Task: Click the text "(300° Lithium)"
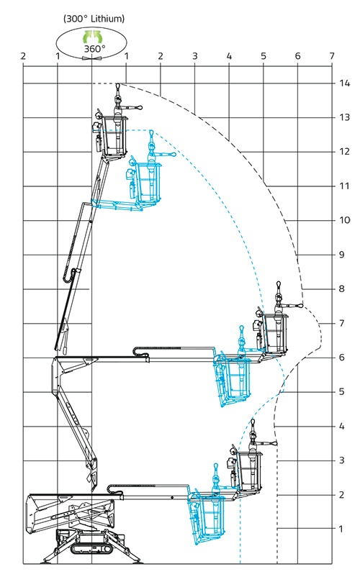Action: pos(94,19)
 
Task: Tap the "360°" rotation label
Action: pos(94,49)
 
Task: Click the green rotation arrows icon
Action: pos(91,37)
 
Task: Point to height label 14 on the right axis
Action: pos(344,83)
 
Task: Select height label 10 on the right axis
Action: pos(344,220)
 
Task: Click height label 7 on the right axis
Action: pos(342,323)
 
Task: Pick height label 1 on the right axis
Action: pos(341,529)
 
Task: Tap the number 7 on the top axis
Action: pos(332,56)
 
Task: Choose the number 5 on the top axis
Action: pos(264,56)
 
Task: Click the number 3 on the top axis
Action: pos(194,56)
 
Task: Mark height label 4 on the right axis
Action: pos(342,426)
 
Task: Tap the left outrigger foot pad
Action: pos(49,562)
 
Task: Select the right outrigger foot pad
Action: pos(135,562)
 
